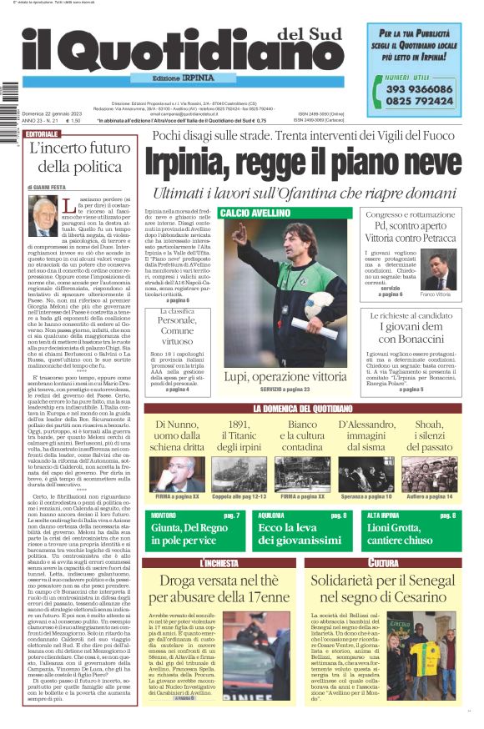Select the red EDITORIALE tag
pos(43,133)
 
